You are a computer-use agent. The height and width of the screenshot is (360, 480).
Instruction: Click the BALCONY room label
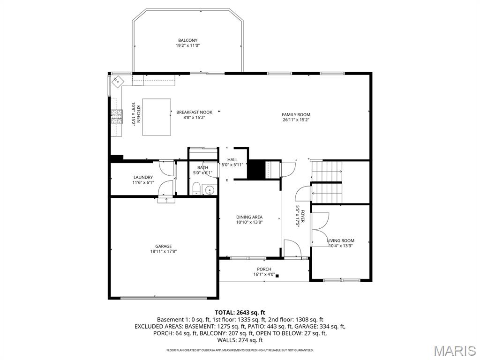187,40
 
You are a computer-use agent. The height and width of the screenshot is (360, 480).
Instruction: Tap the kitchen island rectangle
157,117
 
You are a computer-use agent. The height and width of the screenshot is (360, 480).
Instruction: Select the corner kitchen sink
118,82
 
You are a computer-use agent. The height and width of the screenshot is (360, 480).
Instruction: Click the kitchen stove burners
116,117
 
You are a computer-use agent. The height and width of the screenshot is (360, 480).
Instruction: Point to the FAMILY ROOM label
296,115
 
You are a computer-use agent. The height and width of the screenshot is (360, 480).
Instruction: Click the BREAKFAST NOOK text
194,112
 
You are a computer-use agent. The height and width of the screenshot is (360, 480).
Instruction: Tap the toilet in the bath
196,188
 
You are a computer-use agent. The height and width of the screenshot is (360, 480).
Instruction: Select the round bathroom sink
210,190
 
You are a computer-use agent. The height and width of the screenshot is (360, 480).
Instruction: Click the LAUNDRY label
143,177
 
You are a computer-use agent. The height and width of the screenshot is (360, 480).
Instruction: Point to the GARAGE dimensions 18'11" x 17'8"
164,251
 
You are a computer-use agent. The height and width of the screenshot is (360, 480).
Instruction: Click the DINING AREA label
249,217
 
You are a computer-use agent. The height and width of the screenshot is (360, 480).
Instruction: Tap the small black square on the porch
277,276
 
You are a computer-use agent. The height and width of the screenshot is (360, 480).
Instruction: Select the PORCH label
264,270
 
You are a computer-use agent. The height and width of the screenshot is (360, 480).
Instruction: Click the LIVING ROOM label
340,240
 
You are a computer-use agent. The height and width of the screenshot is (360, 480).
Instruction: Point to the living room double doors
320,230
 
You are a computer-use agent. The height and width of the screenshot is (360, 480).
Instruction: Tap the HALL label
232,159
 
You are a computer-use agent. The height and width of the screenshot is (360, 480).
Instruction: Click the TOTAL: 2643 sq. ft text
240,313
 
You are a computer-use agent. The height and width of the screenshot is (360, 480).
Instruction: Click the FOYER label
303,217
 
